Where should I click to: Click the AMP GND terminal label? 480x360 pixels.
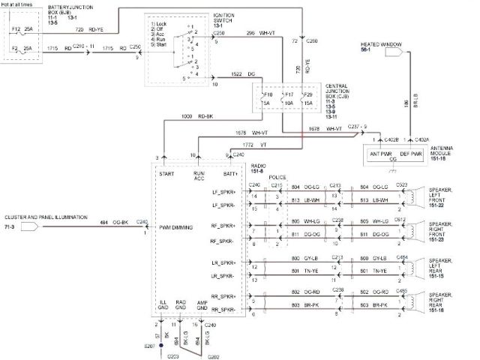202,306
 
